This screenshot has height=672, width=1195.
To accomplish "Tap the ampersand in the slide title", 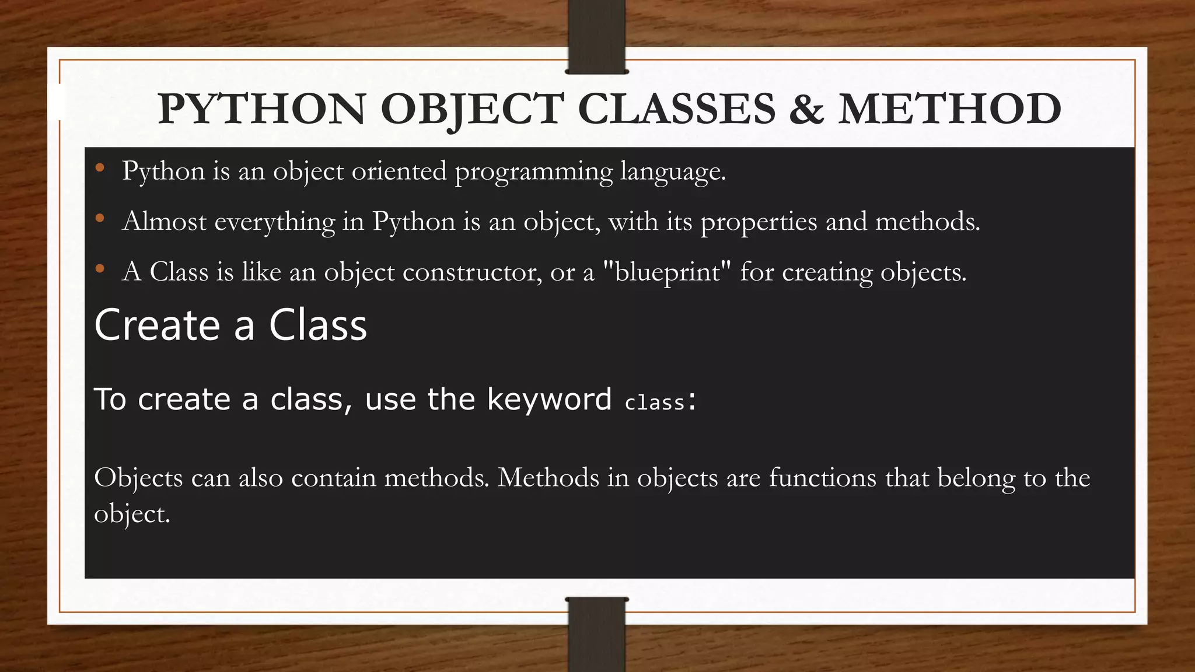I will (806, 109).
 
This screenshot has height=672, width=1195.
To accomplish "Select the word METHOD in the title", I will (949, 109).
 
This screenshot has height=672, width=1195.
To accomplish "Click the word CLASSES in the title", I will (676, 109).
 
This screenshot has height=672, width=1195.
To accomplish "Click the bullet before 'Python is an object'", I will (100, 169).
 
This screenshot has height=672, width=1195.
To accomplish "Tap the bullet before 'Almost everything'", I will (100, 219).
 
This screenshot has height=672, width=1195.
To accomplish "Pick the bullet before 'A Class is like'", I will (100, 269).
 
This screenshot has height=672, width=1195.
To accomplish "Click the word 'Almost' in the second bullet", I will (165, 222).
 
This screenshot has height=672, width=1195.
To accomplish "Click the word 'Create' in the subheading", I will (157, 325).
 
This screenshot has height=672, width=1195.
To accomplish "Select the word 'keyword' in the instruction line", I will (549, 400).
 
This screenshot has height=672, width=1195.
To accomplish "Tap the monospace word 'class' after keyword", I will (654, 402).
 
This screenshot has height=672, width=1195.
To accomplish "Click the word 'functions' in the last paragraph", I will (822, 478).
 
